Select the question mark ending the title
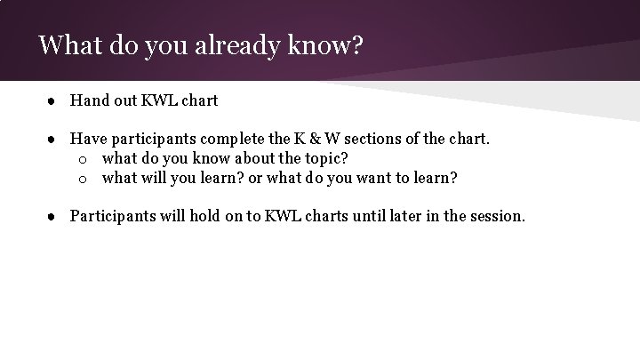tap(356, 45)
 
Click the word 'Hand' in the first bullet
tap(89, 100)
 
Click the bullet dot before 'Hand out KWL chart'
tap(53, 101)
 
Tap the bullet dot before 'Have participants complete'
tap(53, 140)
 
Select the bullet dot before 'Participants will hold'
tap(53, 216)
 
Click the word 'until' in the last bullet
tap(363, 215)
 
